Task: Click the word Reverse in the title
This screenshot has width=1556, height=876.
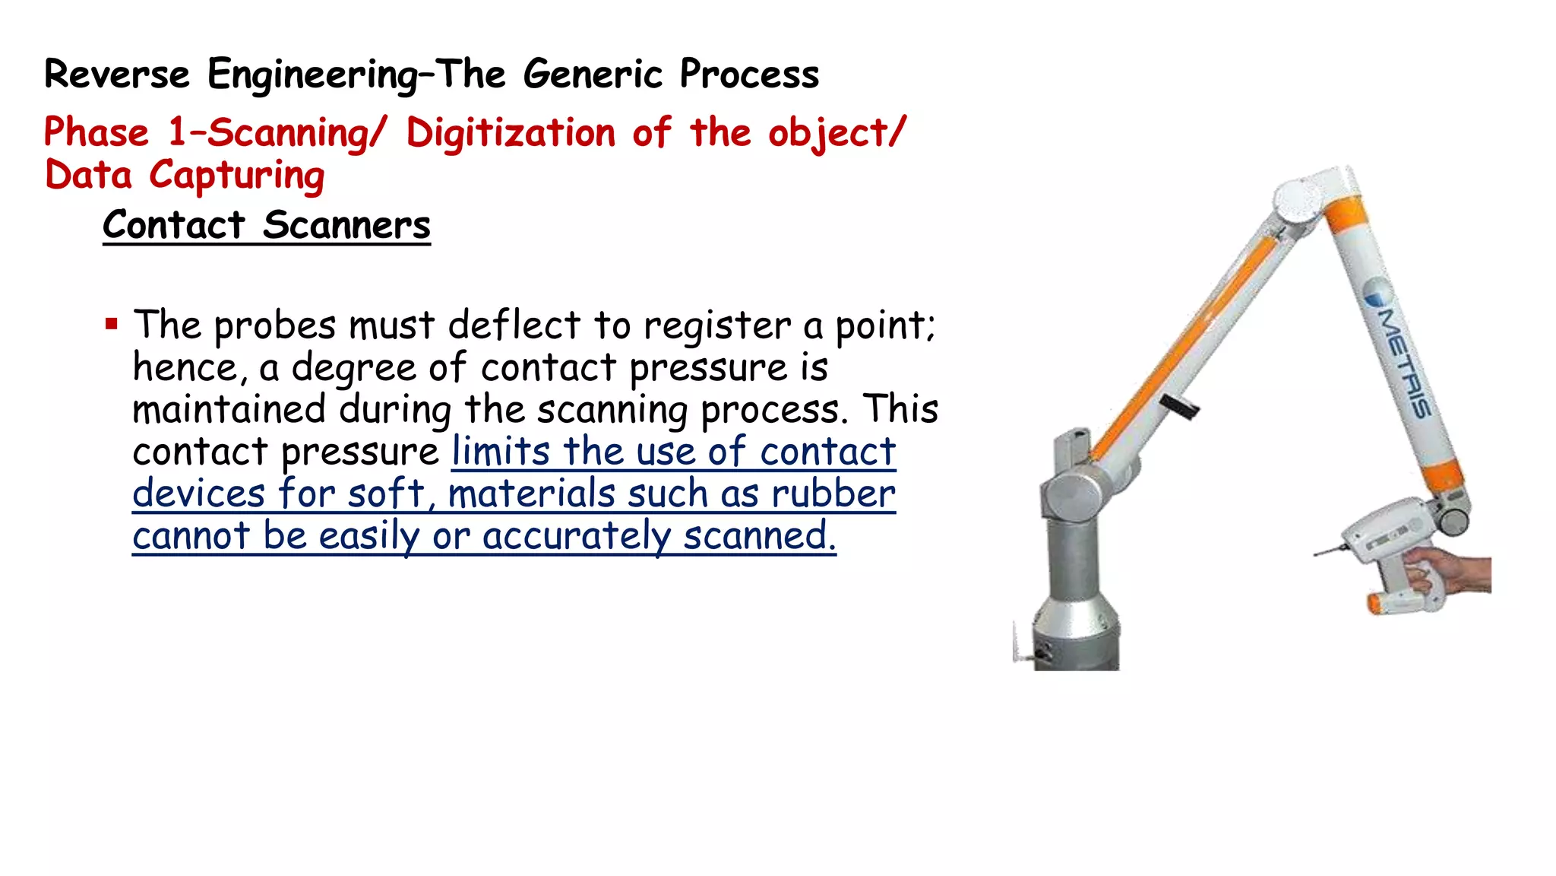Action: [x=117, y=75]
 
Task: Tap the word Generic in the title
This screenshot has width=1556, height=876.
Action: [x=593, y=75]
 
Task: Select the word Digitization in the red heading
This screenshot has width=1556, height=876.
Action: [x=511, y=133]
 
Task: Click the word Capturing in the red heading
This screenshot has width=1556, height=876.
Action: [x=236, y=176]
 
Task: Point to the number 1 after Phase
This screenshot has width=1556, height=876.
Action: [x=177, y=132]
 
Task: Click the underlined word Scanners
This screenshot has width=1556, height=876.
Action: [x=346, y=225]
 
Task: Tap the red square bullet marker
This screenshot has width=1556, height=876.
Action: [x=112, y=325]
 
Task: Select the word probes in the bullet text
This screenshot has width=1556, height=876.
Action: [x=275, y=326]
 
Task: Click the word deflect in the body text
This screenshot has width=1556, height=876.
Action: [x=514, y=325]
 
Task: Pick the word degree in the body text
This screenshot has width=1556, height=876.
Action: [x=353, y=369]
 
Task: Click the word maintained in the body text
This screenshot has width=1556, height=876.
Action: [x=229, y=409]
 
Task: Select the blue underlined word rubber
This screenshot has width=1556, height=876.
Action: [x=833, y=494]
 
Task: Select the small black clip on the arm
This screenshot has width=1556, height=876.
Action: [x=1180, y=407]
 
